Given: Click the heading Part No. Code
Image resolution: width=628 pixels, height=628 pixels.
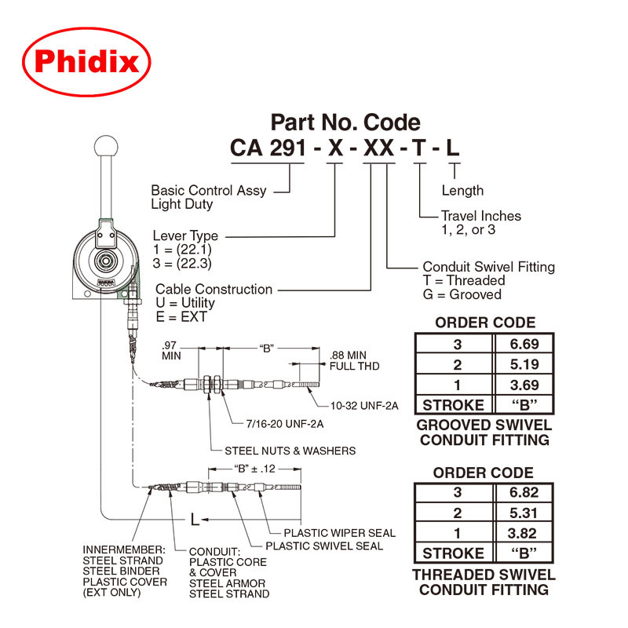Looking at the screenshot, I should [345, 122].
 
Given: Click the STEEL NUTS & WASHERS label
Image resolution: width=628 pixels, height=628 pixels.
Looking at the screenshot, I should [290, 451].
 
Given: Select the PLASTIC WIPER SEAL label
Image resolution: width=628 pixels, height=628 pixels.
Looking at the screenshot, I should [339, 533].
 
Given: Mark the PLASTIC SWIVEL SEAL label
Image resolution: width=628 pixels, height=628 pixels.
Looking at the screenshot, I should [324, 546].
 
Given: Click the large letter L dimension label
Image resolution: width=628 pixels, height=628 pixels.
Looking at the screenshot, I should [195, 519].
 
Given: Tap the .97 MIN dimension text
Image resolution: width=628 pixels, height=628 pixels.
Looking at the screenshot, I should [171, 350].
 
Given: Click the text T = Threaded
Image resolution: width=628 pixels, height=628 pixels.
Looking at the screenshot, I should [464, 280].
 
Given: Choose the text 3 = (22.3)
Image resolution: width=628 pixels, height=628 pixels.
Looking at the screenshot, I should [182, 263].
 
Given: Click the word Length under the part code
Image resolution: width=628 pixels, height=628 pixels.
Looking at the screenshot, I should [462, 191].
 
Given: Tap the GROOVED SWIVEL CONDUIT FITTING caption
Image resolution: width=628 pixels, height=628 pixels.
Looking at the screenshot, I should [484, 433].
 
